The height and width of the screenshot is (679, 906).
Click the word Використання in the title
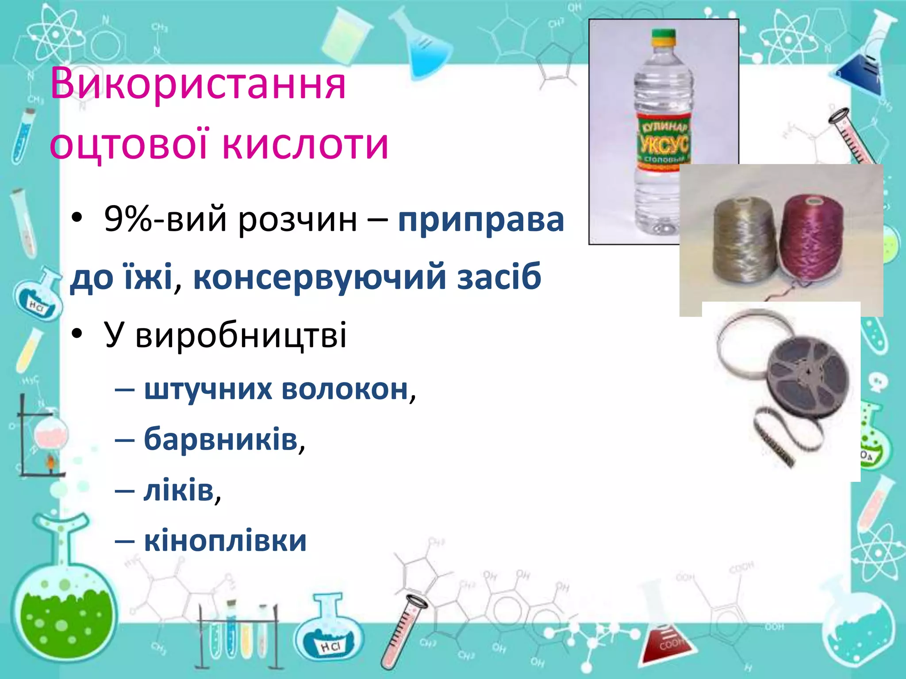pyautogui.click(x=198, y=84)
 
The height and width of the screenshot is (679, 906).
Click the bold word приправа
pyautogui.click(x=481, y=219)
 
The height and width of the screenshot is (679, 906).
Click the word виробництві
pyautogui.click(x=241, y=335)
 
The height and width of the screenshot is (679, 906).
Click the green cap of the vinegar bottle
pyautogui.click(x=664, y=35)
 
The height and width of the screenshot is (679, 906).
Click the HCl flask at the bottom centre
pyautogui.click(x=330, y=637)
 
